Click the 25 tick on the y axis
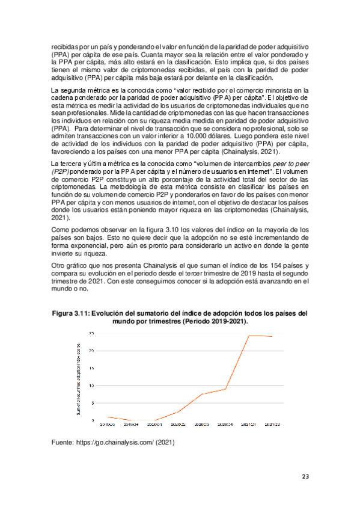coord(91,333)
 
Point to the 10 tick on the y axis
coord(91,385)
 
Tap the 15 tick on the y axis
coord(91,367)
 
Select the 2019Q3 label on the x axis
coord(108,425)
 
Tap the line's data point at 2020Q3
coord(203,394)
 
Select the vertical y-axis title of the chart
coord(78,378)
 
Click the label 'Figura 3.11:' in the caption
coord(72,314)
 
